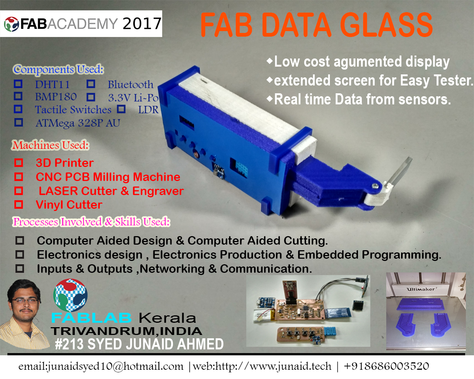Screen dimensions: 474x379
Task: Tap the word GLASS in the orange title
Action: (387, 25)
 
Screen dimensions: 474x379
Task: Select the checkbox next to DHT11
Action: (18, 84)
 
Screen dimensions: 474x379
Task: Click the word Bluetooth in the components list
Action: (130, 84)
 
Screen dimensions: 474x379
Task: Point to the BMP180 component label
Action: (56, 97)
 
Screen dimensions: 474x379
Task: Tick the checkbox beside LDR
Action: (121, 109)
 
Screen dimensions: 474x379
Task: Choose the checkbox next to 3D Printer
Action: (19, 163)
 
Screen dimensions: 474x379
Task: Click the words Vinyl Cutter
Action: (69, 205)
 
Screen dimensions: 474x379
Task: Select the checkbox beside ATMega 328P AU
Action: (19, 122)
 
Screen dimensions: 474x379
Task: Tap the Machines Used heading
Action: (50, 145)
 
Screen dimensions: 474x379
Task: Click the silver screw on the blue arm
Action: (375, 186)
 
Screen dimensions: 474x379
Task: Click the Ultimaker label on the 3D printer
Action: (420, 289)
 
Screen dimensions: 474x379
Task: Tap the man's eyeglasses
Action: (25, 301)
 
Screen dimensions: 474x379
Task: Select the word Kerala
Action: (167, 318)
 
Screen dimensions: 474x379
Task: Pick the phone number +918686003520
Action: (386, 366)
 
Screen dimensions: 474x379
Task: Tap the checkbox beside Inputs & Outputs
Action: (20, 268)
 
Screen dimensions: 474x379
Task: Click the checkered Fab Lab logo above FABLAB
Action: (70, 295)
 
